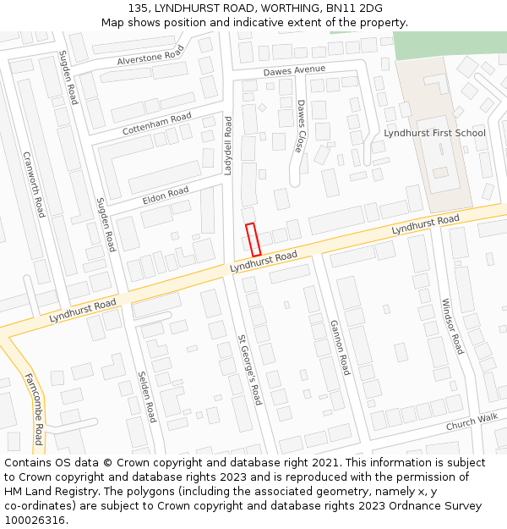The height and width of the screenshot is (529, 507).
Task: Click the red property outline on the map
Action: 252,239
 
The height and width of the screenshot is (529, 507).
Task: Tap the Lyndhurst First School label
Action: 434,133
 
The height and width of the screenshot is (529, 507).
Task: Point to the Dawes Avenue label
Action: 294,70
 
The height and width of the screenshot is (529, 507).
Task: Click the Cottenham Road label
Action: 157,124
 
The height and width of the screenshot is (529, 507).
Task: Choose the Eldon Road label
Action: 166,194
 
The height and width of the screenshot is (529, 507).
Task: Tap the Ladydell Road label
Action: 227,146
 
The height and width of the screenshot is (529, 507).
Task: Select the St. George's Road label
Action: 250,370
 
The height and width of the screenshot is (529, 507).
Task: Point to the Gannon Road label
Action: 340,347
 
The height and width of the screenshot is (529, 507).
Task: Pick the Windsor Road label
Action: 453,326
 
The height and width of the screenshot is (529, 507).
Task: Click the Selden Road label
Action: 147,396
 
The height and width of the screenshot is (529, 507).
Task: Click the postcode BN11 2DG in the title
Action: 359,9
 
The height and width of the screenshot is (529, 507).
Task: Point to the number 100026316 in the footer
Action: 35,520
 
